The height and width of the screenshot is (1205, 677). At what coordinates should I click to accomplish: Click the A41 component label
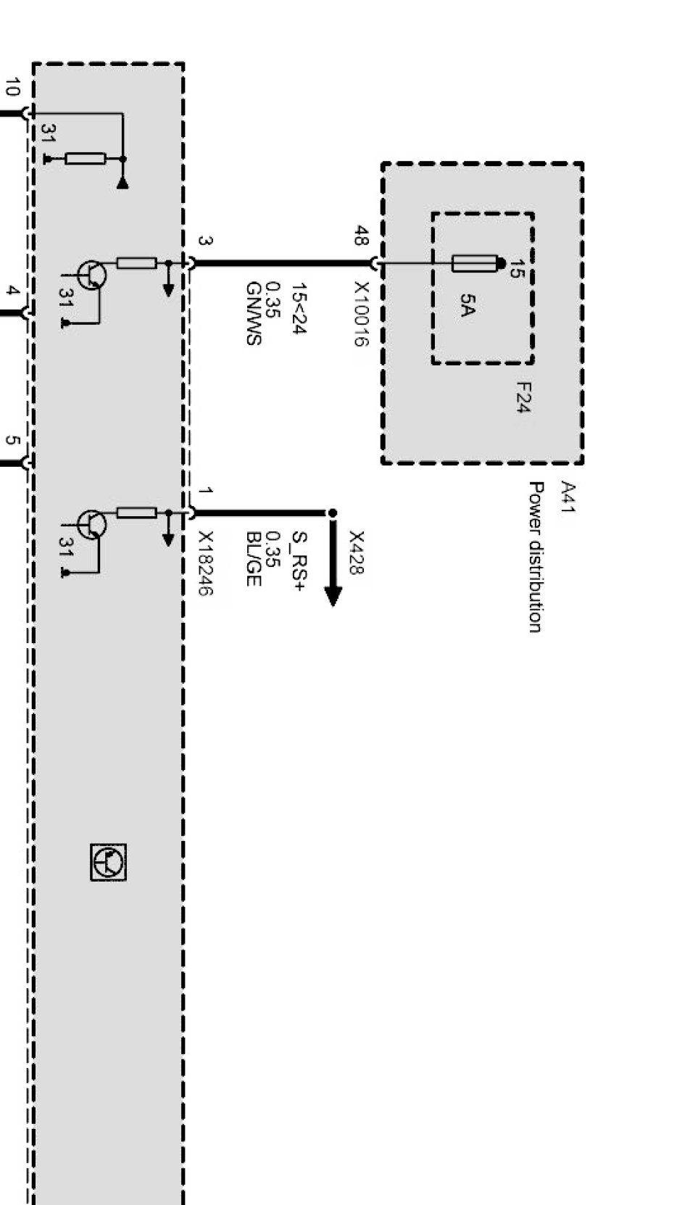click(x=568, y=497)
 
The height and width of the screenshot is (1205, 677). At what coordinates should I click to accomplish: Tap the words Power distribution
click(x=535, y=557)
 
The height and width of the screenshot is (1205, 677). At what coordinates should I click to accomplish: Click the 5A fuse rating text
click(x=467, y=305)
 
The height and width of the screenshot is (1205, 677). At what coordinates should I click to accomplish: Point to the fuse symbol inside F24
click(x=475, y=263)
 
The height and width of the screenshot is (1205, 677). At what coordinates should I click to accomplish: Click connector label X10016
click(x=360, y=314)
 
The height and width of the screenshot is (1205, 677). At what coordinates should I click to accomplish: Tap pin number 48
click(x=360, y=236)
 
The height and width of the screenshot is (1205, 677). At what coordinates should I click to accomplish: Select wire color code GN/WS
click(x=253, y=313)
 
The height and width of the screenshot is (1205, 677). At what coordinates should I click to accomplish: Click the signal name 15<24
click(x=298, y=309)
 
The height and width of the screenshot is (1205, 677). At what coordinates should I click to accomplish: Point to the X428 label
click(x=356, y=552)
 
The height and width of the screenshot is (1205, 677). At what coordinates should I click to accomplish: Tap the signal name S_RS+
click(x=298, y=560)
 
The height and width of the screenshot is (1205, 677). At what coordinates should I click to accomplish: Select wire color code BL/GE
click(x=253, y=559)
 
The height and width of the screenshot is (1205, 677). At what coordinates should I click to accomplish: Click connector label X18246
click(x=206, y=563)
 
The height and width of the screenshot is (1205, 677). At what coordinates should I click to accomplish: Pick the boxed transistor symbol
click(x=109, y=862)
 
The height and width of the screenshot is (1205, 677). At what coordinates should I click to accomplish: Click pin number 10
click(x=12, y=88)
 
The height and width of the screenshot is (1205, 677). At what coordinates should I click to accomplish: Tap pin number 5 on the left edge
click(x=12, y=440)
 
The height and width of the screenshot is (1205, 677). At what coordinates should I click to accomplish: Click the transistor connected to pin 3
click(x=91, y=276)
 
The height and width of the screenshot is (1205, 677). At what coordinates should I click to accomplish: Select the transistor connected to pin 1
click(x=91, y=524)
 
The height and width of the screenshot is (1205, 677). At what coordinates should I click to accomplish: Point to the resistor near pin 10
click(x=86, y=159)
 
